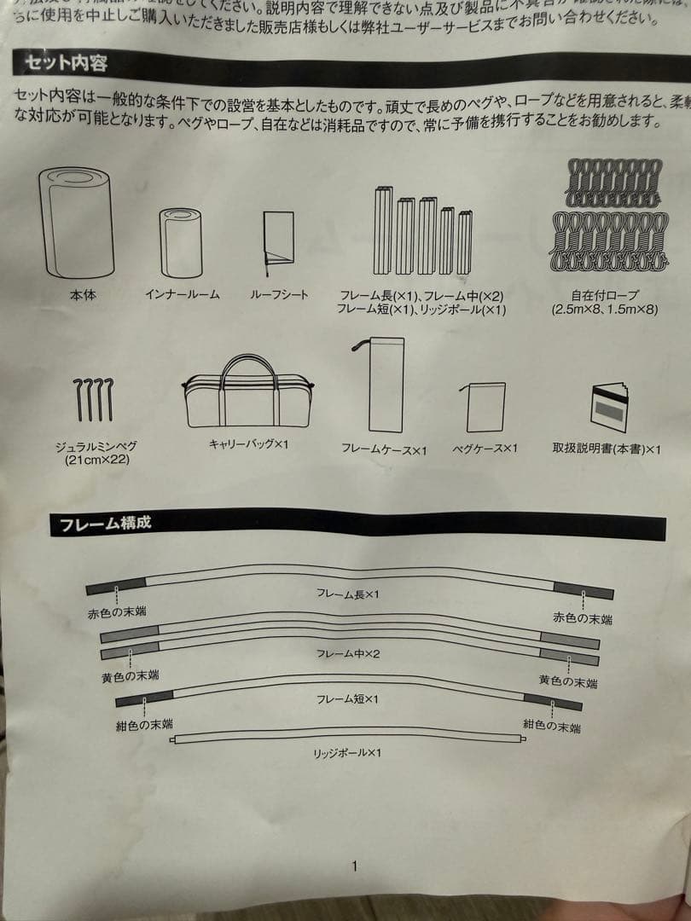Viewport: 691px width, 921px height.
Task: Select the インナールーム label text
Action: click(x=183, y=294)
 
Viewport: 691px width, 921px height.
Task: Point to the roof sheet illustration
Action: click(x=279, y=240)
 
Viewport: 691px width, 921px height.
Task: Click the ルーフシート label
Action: click(x=279, y=294)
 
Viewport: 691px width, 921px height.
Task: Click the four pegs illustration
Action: click(x=93, y=399)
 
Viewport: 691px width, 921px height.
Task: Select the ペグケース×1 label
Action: click(x=485, y=448)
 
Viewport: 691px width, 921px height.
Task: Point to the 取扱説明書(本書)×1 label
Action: click(x=607, y=449)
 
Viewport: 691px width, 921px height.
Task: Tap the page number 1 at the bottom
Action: click(x=354, y=866)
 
